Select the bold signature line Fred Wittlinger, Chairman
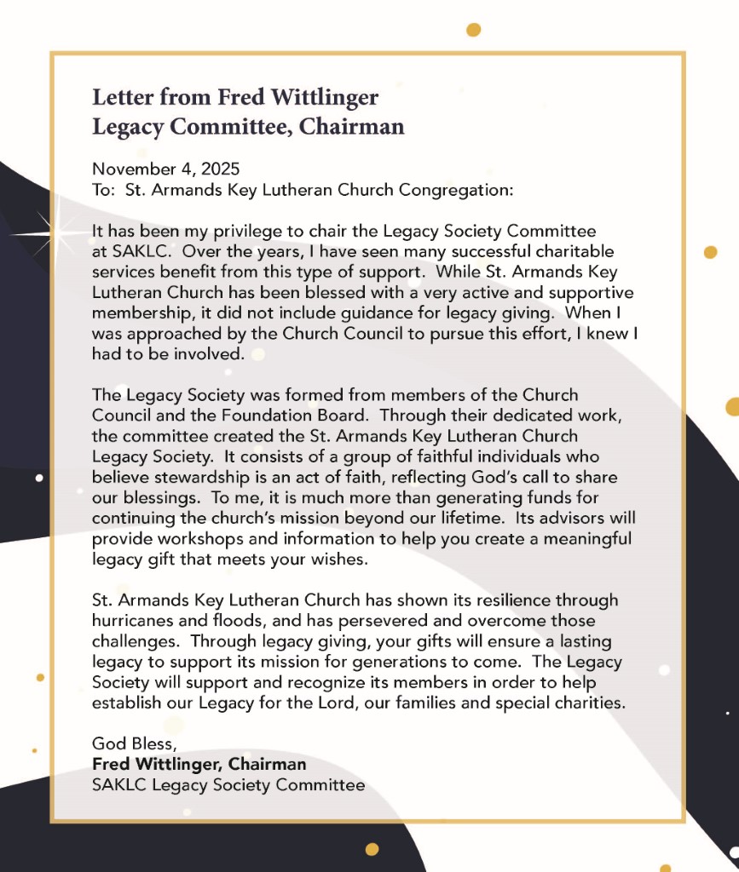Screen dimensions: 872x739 (199, 764)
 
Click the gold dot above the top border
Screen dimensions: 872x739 (474, 30)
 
